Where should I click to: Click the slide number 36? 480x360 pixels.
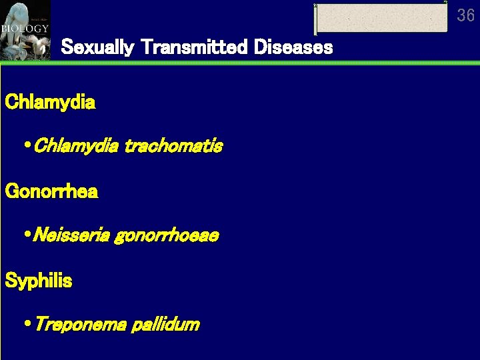pyautogui.click(x=465, y=15)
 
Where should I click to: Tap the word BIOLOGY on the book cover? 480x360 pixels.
pyautogui.click(x=25, y=29)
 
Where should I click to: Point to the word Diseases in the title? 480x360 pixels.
pyautogui.click(x=291, y=48)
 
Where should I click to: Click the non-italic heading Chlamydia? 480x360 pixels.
pyautogui.click(x=50, y=103)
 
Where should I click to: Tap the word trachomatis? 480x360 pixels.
pyautogui.click(x=173, y=145)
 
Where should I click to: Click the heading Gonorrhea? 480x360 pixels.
pyautogui.click(x=51, y=192)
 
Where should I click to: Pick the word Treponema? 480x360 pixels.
pyautogui.click(x=79, y=325)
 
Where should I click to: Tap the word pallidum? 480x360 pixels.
pyautogui.click(x=165, y=325)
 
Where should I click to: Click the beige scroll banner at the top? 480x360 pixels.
pyautogui.click(x=381, y=17)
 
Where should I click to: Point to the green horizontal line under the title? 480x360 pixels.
pyautogui.click(x=267, y=63)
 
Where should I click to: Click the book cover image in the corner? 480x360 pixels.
pyautogui.click(x=25, y=30)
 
